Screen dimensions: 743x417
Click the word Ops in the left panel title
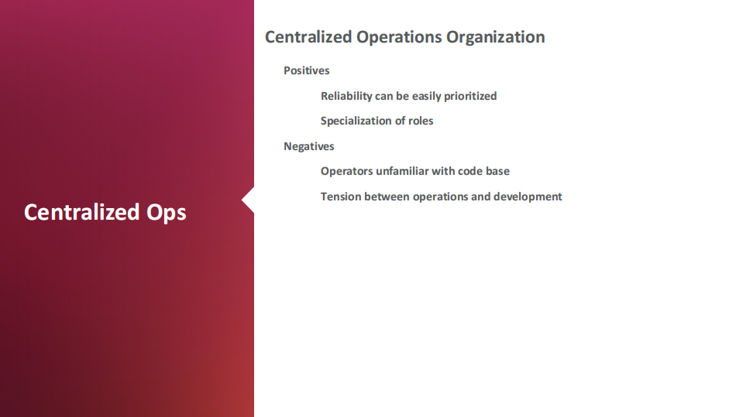167,213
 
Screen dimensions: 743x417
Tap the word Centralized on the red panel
82,211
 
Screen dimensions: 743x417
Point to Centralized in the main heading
308,37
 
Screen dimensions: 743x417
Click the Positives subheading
307,70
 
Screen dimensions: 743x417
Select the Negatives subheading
309,146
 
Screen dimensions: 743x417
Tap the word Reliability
346,96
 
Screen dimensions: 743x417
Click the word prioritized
470,96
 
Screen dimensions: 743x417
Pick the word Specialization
361,121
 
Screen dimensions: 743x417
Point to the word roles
421,121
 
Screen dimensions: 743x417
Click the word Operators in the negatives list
347,171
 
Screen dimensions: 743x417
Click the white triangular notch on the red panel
248,200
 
